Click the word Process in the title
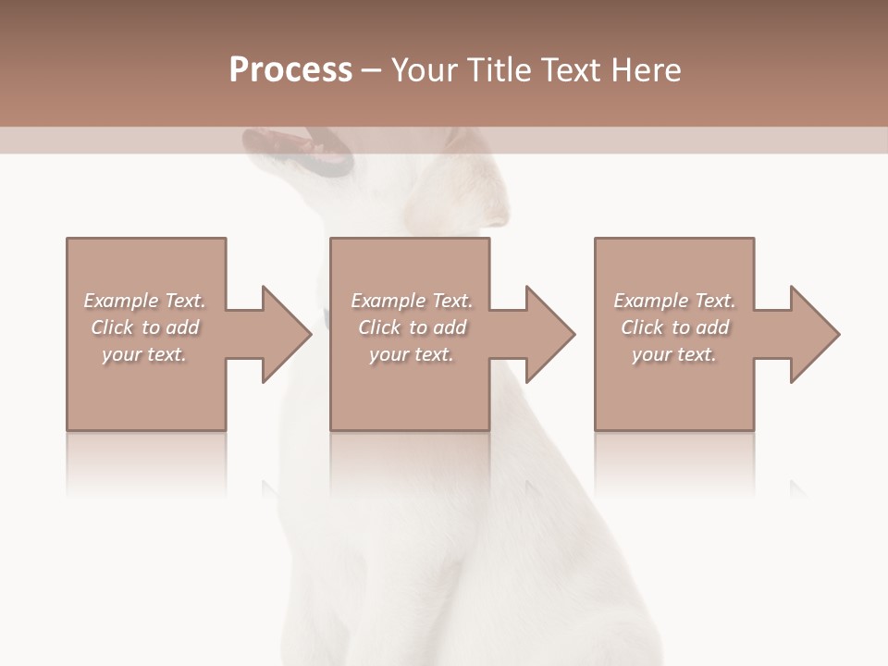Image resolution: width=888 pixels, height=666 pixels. coord(290,70)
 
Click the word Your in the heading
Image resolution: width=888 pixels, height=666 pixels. coord(426,70)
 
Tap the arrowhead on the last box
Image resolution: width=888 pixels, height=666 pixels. coord(812,334)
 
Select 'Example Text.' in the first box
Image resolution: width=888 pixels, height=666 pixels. coord(145,301)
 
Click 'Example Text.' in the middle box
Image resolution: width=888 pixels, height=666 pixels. coord(412,301)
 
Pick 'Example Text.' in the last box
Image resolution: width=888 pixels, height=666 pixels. coord(674,301)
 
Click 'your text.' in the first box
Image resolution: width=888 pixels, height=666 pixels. coord(144,354)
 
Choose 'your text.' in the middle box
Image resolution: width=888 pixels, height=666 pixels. coord(411,354)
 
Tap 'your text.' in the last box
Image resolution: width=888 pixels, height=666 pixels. coord(673,354)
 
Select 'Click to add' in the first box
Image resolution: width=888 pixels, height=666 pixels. coord(145,327)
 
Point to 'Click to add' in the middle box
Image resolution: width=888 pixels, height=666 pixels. coord(412,327)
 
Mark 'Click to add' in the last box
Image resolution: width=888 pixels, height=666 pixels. coord(674,327)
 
